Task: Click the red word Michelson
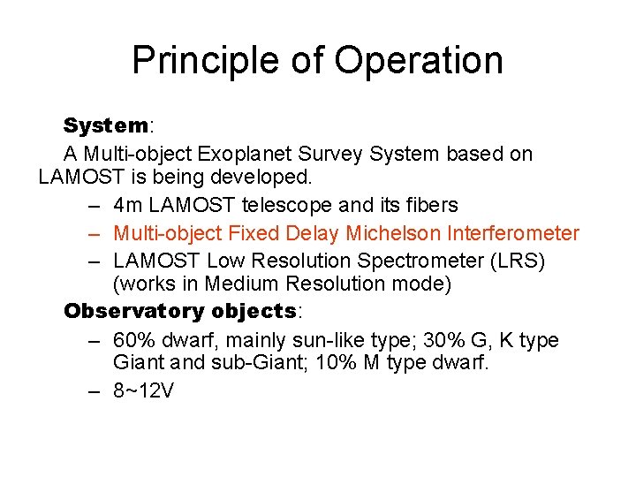(394, 233)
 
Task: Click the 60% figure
(133, 340)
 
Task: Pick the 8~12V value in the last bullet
(143, 390)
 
